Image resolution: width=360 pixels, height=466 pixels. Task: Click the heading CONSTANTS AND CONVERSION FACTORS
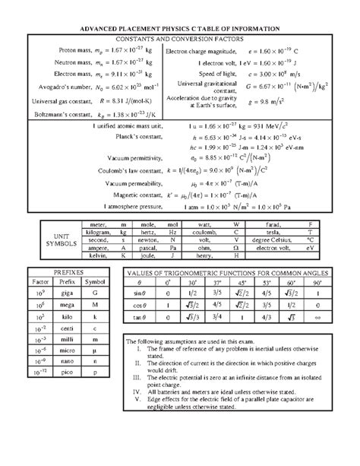coord(179,37)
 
